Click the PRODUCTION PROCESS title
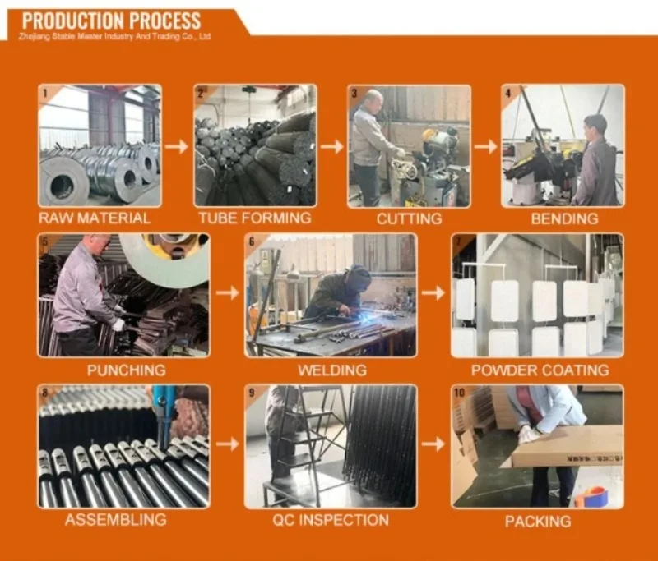click(111, 21)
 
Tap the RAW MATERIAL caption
click(95, 218)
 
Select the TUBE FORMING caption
click(255, 218)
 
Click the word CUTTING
click(409, 218)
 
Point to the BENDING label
click(564, 218)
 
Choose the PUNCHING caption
click(127, 370)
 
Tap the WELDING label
click(332, 370)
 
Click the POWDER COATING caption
click(540, 370)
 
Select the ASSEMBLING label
click(116, 520)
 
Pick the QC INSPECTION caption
click(331, 520)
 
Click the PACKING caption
click(538, 522)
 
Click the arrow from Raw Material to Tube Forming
click(177, 147)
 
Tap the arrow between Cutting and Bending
click(486, 147)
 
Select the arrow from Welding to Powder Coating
click(433, 293)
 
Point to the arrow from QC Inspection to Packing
click(433, 444)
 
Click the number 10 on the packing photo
click(460, 393)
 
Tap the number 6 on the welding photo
click(252, 241)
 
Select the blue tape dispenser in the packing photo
click(591, 497)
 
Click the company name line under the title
click(114, 37)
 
